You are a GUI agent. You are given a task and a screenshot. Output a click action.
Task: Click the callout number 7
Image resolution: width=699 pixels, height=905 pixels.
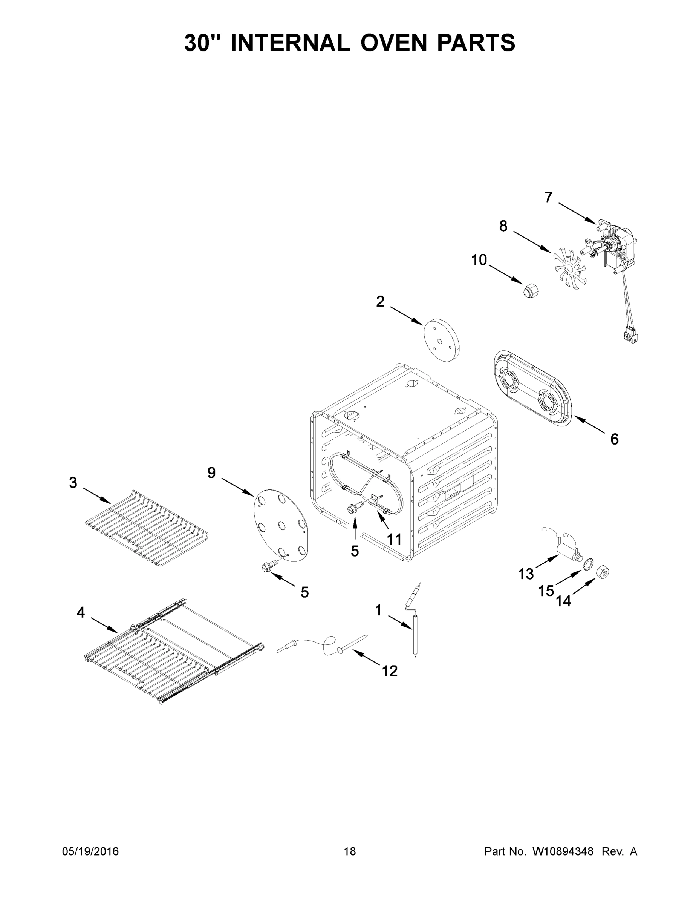(548, 198)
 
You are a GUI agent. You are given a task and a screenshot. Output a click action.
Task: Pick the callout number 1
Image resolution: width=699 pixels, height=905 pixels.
(378, 610)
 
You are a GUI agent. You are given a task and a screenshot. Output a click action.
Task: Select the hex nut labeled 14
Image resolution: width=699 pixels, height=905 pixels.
(603, 573)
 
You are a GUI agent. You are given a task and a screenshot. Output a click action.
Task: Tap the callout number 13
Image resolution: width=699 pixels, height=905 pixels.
(526, 574)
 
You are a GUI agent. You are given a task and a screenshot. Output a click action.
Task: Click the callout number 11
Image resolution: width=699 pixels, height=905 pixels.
(394, 539)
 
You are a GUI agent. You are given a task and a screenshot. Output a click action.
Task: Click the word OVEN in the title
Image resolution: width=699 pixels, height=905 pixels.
(393, 43)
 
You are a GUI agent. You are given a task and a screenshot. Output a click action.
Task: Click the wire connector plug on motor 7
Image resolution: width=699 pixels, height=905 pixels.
(632, 334)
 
